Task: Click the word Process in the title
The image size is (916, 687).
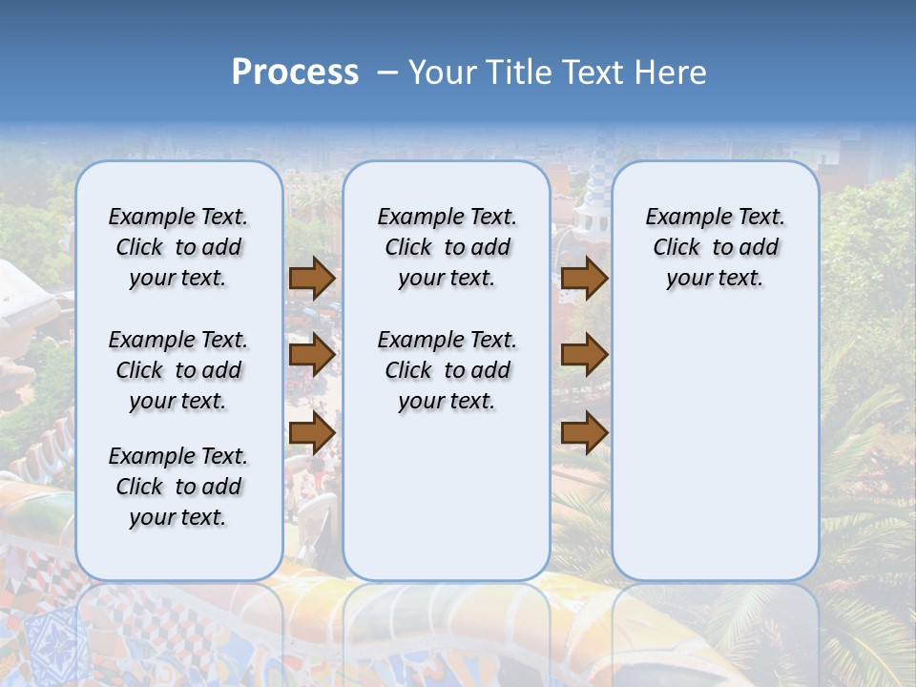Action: pos(295,73)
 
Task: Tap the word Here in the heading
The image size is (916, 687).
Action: pos(666,73)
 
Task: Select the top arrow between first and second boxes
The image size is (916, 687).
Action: pos(312,278)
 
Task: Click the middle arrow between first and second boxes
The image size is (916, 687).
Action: pos(312,355)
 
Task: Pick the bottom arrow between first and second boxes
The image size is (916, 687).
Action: pos(312,432)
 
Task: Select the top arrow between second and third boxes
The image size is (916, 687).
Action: pos(584,278)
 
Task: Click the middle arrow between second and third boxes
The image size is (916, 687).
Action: pos(584,355)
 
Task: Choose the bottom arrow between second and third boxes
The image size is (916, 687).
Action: pos(584,432)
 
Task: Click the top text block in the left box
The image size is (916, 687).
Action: pos(178,247)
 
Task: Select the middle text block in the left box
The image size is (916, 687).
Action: pos(178,370)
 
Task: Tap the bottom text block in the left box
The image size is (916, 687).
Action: pos(178,487)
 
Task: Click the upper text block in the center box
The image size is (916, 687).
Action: pos(447,247)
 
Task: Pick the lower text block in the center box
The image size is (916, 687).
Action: pos(447,370)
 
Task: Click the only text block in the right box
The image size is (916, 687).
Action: pos(715,247)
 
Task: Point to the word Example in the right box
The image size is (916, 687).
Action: pos(681,218)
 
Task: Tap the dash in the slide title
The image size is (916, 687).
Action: pos(387,73)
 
